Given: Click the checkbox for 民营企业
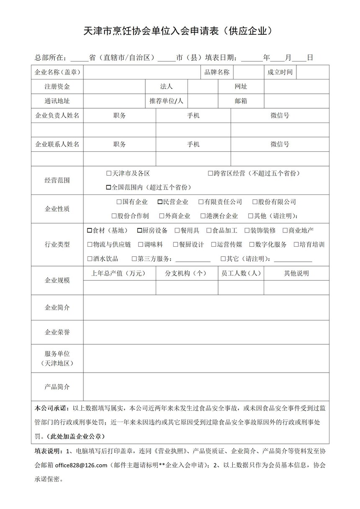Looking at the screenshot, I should (160, 202).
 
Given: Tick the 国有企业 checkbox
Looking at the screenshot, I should (119, 202).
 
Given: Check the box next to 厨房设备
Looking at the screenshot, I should (140, 230).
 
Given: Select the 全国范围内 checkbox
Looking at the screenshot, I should (109, 187).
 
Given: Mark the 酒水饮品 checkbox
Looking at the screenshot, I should (90, 259).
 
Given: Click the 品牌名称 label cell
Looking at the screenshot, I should (217, 72).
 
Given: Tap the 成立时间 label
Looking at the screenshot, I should (280, 72).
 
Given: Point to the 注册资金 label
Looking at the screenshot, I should (57, 87).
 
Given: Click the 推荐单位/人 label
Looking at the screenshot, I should (166, 101).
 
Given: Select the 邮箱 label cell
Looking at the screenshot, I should (241, 101).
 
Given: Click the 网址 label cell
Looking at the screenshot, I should (241, 87).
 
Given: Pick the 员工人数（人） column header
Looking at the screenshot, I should (241, 274).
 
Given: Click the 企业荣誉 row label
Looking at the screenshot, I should (57, 333).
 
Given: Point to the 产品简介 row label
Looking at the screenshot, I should (57, 387).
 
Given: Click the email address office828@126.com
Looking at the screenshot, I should (81, 465).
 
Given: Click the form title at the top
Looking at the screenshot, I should (180, 31).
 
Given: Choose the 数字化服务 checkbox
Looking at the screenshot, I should (252, 245).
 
